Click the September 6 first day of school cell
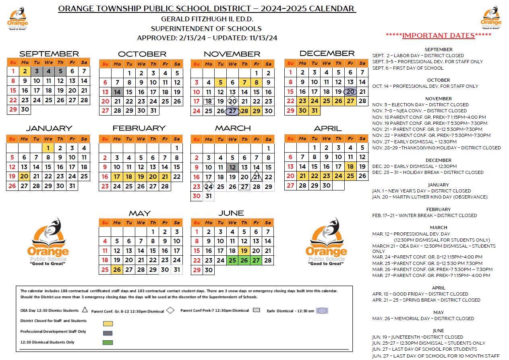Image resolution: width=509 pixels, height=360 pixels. click(72, 71)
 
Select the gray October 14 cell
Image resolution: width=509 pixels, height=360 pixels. click(117, 92)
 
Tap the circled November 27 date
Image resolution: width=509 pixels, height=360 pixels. click(232, 111)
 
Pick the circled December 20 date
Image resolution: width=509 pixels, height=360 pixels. click(350, 92)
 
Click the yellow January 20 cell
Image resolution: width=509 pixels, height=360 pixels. click(24, 176)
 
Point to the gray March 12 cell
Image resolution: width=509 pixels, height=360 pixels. click(232, 168)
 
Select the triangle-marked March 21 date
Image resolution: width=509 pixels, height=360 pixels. click(257, 177)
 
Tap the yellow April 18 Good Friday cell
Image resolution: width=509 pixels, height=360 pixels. click(350, 167)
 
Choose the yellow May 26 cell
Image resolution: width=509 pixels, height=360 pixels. click(117, 270)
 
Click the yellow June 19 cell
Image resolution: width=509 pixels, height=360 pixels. click(244, 251)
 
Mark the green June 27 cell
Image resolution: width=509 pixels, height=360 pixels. click(256, 261)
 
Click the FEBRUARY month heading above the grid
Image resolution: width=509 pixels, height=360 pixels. click(139, 128)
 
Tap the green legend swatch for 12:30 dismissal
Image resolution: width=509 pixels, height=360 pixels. click(108, 343)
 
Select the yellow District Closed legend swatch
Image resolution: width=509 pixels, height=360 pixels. click(108, 323)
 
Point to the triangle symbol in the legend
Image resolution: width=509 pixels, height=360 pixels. click(85, 310)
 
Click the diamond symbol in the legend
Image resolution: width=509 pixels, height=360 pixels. click(170, 310)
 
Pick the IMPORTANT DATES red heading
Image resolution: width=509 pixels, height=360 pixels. click(438, 35)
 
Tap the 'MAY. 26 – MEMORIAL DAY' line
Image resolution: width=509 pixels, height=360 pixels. click(417, 319)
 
